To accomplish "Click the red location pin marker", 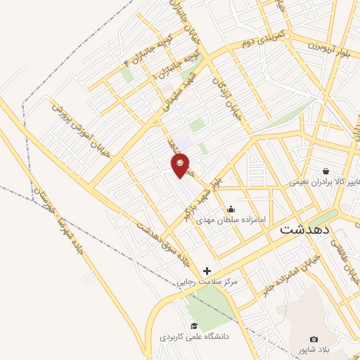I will coord(180,166).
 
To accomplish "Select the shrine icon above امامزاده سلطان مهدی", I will coord(231,209).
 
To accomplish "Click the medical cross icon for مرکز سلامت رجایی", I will coord(207,271).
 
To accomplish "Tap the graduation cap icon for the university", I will coord(194,326).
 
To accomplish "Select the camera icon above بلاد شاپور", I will coord(314,340).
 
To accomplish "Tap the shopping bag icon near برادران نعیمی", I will coord(326,171).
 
